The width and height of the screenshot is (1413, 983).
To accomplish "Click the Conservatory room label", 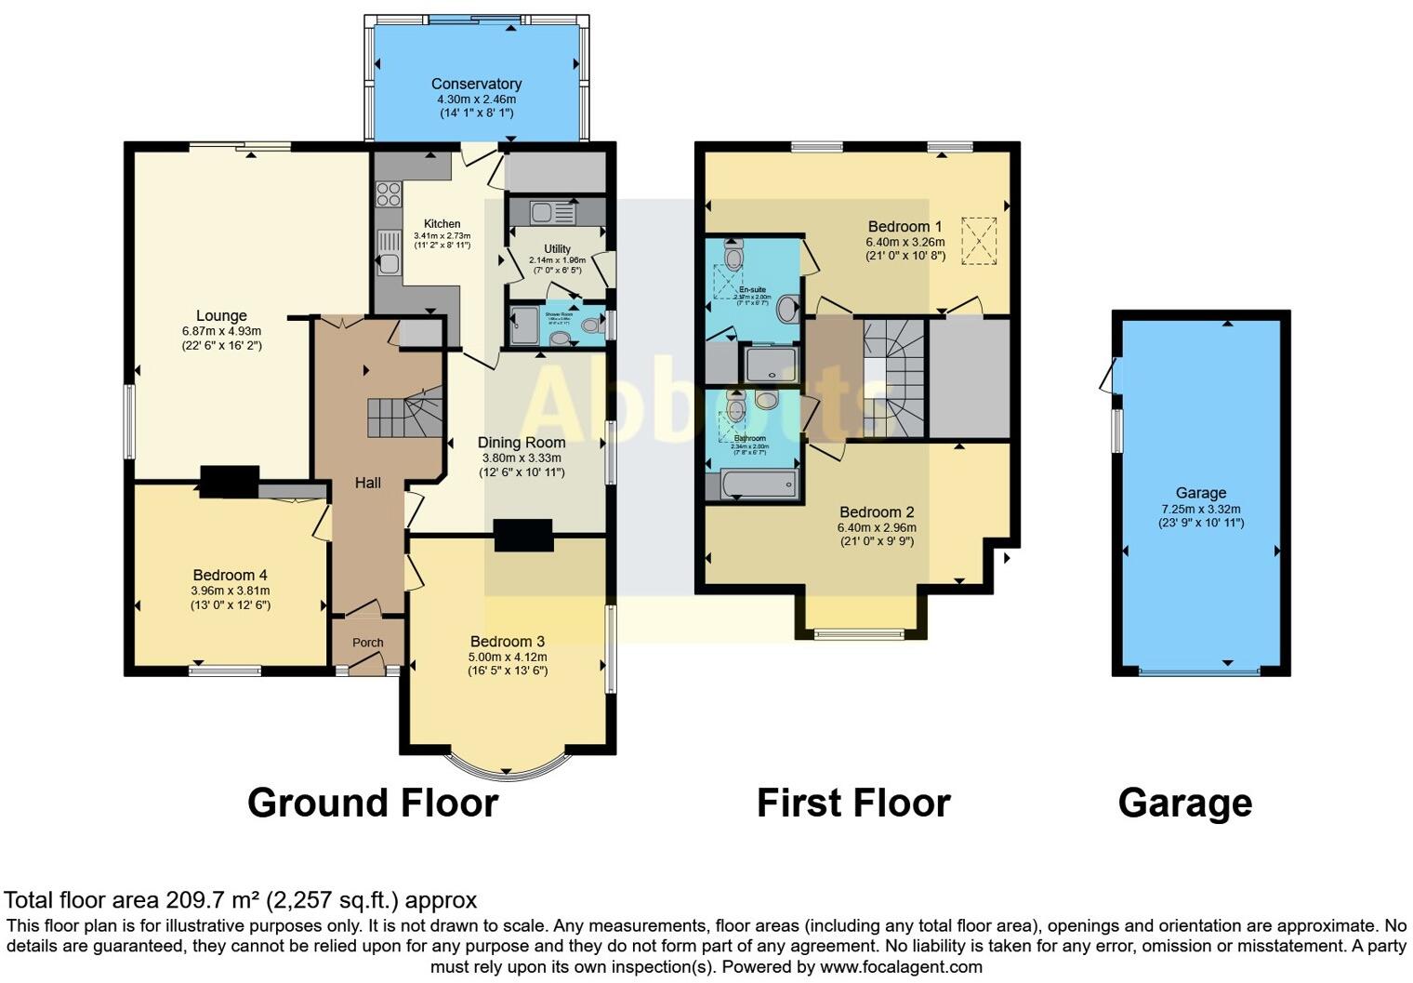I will [476, 84].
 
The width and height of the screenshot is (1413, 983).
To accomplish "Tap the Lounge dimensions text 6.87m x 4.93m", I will [221, 331].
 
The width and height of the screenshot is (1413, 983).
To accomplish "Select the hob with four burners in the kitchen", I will [388, 194].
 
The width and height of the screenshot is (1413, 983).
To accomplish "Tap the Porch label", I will [368, 643].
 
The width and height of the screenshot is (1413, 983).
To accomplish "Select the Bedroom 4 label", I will [230, 576].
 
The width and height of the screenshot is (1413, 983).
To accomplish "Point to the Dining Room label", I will [522, 443].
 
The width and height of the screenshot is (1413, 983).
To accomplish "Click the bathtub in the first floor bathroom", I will [760, 484].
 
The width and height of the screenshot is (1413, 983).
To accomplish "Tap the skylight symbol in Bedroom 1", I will [978, 241].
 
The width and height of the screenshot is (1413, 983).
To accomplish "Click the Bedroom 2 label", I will [877, 512].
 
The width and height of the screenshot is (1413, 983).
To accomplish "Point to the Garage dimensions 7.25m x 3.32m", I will [1200, 509].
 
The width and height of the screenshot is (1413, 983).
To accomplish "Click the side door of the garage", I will [1109, 376].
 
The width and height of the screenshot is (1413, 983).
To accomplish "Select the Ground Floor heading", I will [373, 803].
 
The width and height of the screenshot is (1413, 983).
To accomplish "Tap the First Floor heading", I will [852, 803].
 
